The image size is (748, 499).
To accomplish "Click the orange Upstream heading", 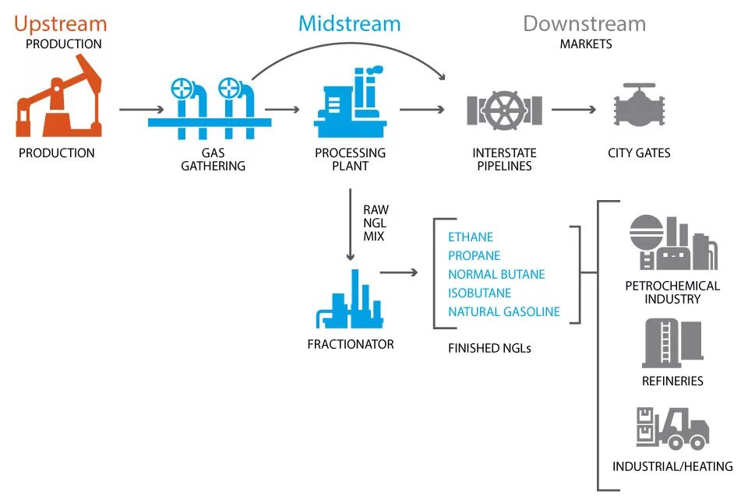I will point(60,23).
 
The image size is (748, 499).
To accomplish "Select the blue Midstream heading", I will point(349,23).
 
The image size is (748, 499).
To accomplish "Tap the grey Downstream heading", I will point(584,23).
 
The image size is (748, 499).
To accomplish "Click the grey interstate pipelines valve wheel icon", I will point(504,109).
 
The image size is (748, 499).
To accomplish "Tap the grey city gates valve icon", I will point(639,109).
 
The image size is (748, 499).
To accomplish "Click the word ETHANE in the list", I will point(471,237).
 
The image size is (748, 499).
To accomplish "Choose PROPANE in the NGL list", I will point(474,255).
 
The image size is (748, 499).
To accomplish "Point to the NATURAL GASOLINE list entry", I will point(503,311).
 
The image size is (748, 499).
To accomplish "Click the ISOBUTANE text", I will point(479,293).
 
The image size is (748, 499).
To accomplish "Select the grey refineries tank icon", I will point(672,343).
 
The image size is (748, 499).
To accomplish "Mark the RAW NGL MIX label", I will point(376,222).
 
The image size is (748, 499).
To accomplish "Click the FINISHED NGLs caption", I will point(489,348).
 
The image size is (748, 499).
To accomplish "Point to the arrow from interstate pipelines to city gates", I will point(573,109).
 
